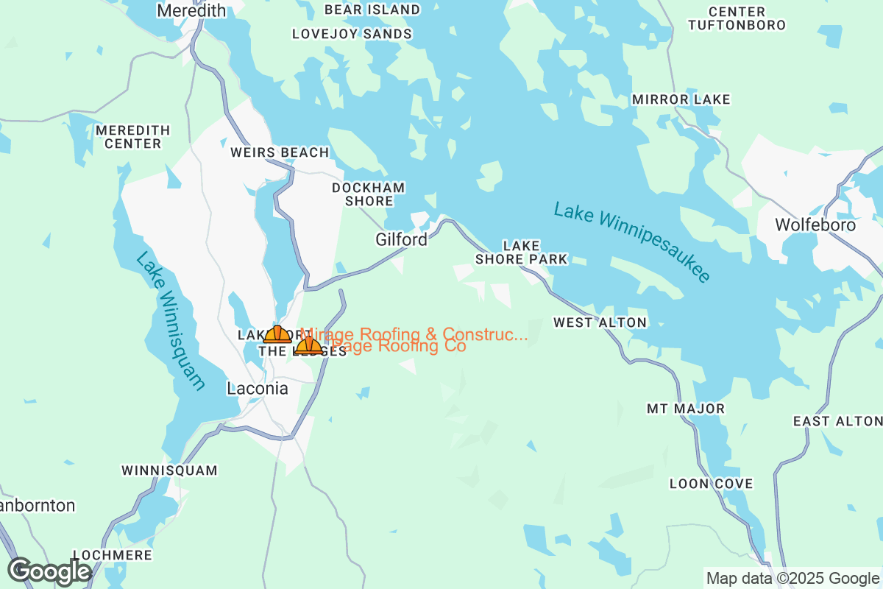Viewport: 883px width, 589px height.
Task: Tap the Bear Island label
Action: coord(372,10)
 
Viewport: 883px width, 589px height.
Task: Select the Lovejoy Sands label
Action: coord(352,34)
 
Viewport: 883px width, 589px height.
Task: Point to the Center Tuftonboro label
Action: coord(737,18)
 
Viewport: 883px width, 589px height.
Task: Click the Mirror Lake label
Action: coord(681,99)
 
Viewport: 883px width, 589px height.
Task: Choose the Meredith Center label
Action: coord(132,137)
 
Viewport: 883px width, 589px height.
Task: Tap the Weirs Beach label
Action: coord(279,152)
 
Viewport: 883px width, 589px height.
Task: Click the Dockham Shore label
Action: coord(368,194)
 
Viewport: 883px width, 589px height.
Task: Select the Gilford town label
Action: coord(401,240)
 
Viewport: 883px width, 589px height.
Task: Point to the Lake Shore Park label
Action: coord(521,252)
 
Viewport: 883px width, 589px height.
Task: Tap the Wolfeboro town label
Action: coord(815,225)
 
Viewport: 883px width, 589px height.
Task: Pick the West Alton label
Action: coord(600,322)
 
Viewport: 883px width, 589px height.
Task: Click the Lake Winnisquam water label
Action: coord(170,321)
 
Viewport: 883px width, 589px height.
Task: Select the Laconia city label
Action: coord(258,389)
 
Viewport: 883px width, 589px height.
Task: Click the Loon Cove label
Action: coord(711,484)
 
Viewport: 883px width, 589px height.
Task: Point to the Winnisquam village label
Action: coord(169,470)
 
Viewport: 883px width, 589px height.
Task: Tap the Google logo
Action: coord(50,571)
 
